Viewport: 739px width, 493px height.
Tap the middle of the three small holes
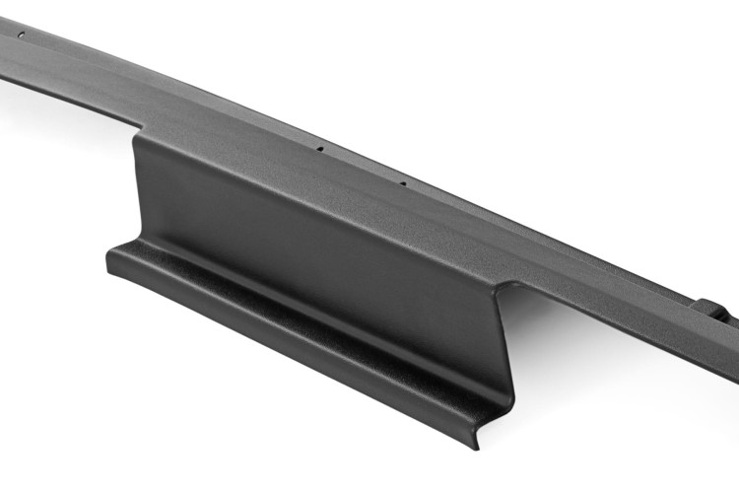point(320,150)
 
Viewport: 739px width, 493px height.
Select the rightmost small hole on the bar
point(402,182)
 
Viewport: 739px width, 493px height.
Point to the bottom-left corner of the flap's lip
point(109,263)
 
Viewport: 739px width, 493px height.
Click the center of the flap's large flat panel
point(315,237)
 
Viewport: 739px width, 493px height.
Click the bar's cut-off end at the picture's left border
point(4,69)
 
